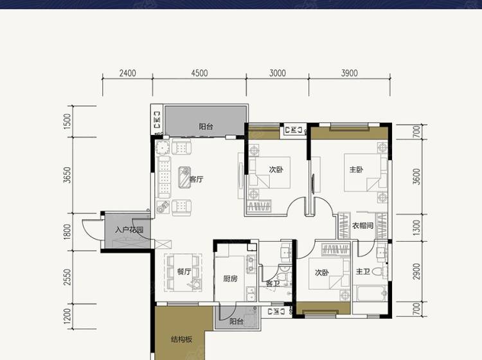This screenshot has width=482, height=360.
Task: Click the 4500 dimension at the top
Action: click(x=199, y=73)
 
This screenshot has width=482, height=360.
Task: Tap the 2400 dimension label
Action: click(x=128, y=73)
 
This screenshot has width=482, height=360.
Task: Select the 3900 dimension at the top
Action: click(x=350, y=73)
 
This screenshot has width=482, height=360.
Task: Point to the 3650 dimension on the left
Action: click(x=67, y=175)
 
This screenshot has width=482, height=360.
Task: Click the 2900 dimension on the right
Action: click(x=416, y=272)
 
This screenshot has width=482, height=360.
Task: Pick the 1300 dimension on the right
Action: click(x=416, y=228)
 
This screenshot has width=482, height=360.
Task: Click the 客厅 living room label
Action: click(x=197, y=179)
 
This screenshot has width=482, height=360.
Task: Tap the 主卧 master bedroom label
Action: click(x=356, y=170)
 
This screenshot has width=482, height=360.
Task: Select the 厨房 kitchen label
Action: click(x=230, y=278)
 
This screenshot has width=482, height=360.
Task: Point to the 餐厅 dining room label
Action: click(x=184, y=271)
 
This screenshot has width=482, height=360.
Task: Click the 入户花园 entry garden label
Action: click(x=129, y=230)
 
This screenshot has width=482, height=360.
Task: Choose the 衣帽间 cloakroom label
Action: click(x=362, y=226)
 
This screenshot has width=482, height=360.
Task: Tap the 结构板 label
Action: click(x=182, y=339)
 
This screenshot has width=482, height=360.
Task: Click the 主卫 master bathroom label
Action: click(x=363, y=271)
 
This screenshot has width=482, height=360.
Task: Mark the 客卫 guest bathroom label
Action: click(x=273, y=283)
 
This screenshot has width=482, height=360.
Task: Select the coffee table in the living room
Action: click(x=184, y=177)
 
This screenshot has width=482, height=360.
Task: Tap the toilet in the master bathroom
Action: click(x=380, y=272)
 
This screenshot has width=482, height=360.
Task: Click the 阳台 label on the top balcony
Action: click(x=206, y=127)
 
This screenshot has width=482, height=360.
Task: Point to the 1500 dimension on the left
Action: click(x=67, y=121)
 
